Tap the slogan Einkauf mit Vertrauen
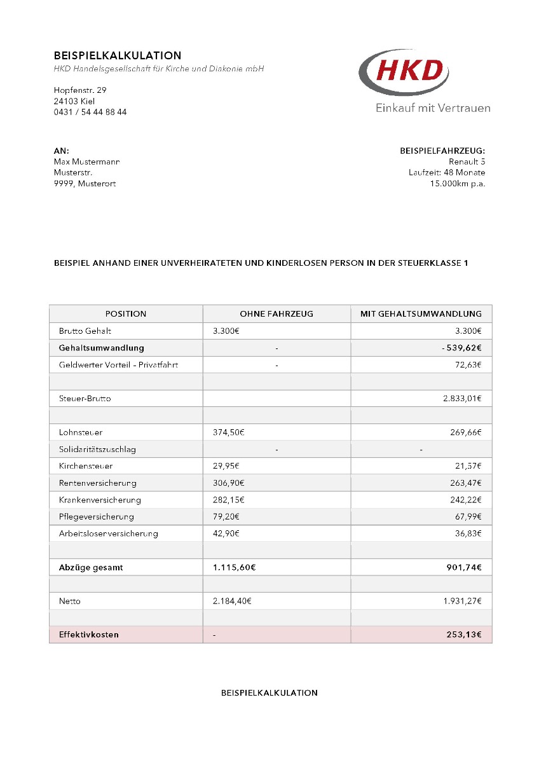(433, 107)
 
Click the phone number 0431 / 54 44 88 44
(90, 112)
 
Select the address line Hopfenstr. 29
(80, 90)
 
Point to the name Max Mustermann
(86, 162)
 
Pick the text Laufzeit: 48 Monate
(447, 172)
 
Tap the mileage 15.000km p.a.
(458, 184)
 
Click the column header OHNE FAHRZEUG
(276, 313)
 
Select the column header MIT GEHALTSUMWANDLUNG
(421, 313)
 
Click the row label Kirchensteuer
(86, 466)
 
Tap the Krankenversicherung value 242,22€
(464, 500)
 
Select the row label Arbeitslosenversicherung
(108, 533)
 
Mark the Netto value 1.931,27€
(462, 601)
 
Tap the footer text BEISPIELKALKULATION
(269, 692)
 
